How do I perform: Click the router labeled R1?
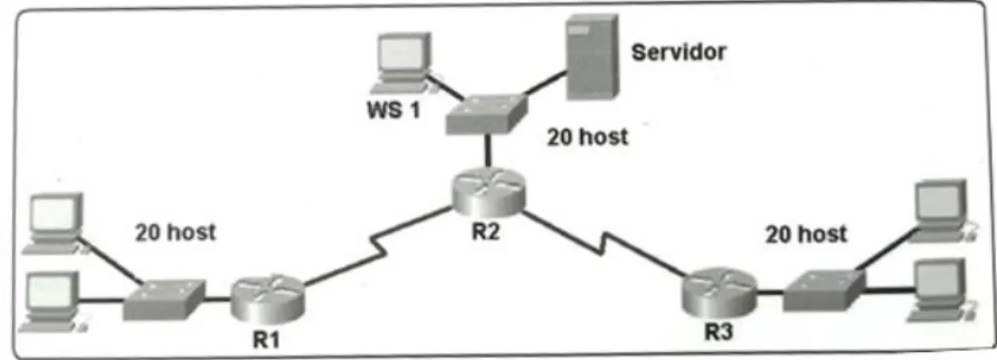coord(268,299)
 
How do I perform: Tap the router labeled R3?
coord(719,293)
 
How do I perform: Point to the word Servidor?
coord(679,52)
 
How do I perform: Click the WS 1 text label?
coord(394,110)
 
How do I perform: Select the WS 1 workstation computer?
coord(402,62)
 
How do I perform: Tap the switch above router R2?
coord(487,115)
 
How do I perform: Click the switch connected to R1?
coord(165,298)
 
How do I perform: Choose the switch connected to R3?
coord(825,290)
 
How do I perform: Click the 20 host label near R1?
coord(176,232)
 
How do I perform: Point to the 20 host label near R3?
coord(806,234)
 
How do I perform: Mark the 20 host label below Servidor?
coord(588,137)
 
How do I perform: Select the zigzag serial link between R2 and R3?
coord(605,245)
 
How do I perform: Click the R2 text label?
coord(487,232)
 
